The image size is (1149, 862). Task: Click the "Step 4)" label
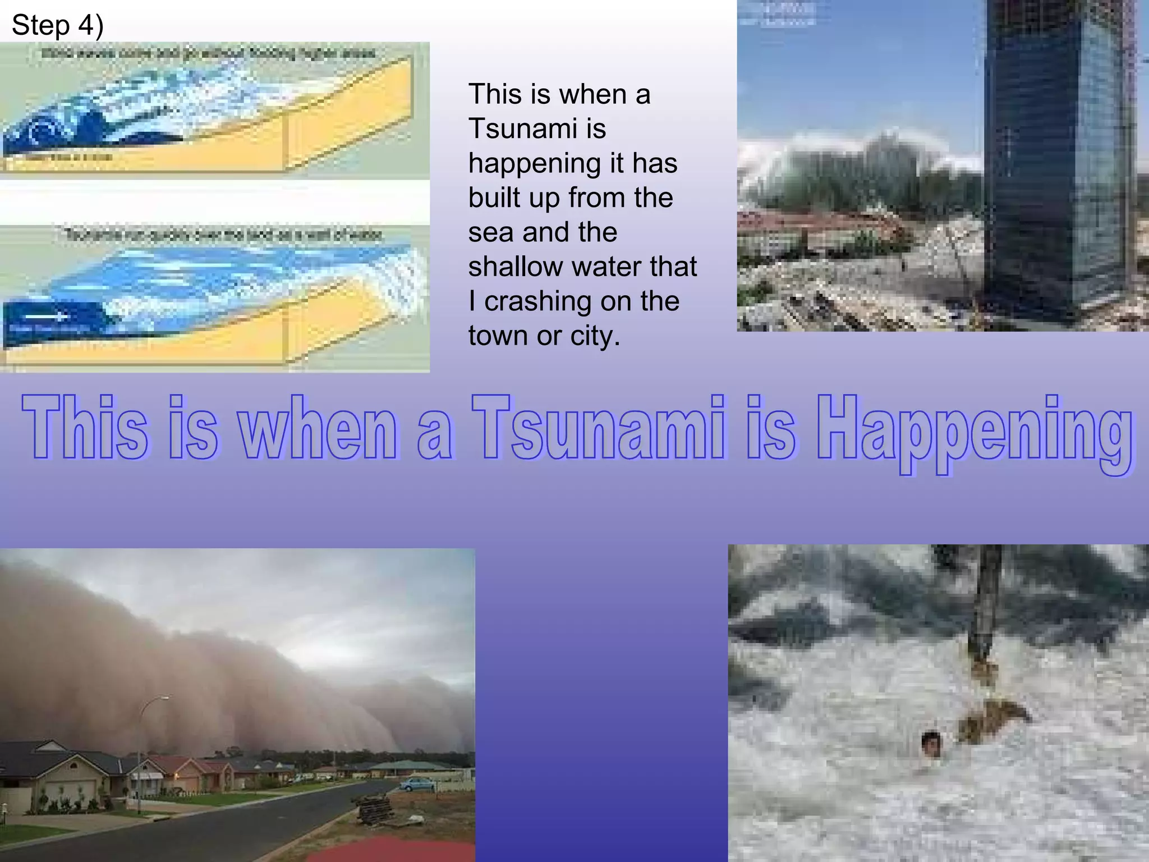click(x=57, y=26)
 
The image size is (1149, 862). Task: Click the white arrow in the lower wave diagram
click(x=47, y=317)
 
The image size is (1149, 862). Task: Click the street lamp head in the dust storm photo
click(x=164, y=698)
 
